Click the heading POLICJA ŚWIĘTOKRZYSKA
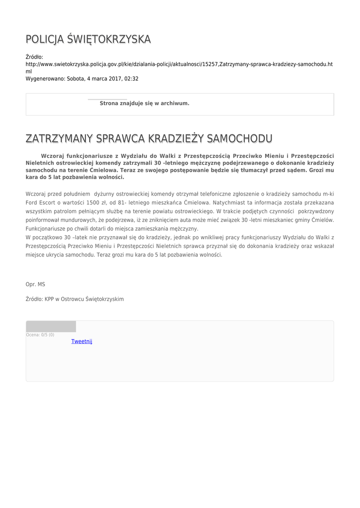(x=88, y=40)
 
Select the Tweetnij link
(x=82, y=341)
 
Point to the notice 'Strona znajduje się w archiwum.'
(x=144, y=103)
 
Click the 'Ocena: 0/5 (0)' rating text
(x=40, y=335)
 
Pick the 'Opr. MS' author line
(x=35, y=284)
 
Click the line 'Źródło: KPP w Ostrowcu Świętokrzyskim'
(x=74, y=299)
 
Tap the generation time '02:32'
(x=132, y=78)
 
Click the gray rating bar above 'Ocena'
(x=51, y=326)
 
